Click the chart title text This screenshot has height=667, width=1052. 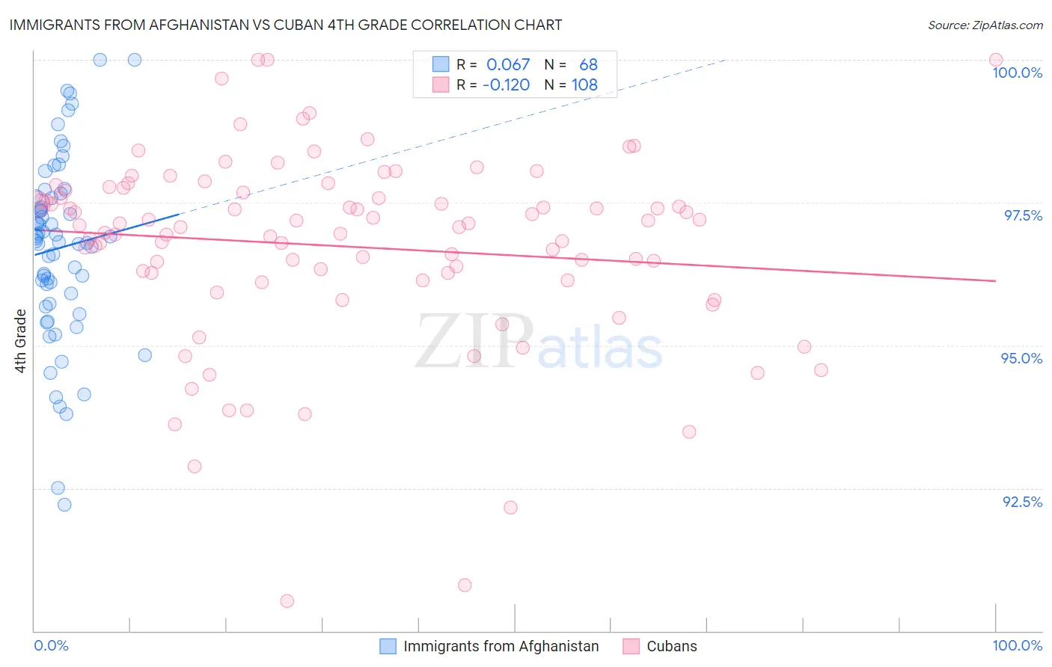tap(285, 25)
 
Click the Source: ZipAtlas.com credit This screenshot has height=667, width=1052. tap(985, 25)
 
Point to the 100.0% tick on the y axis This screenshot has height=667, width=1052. tap(1017, 73)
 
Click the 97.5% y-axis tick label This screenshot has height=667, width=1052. tap(1022, 215)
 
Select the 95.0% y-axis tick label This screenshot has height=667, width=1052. tap(1021, 358)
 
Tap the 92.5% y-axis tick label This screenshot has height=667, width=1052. tap(1022, 502)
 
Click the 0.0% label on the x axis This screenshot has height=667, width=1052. tap(51, 645)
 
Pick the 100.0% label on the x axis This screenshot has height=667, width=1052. tap(1017, 645)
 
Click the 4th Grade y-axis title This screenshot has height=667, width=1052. tap(21, 340)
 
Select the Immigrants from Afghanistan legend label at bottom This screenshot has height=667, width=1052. tap(501, 646)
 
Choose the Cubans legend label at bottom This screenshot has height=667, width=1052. tap(671, 646)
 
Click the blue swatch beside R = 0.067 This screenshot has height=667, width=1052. tap(441, 65)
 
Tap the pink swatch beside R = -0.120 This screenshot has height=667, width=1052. tap(441, 84)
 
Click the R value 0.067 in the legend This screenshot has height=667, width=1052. tap(507, 65)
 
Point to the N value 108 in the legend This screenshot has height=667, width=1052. tap(584, 84)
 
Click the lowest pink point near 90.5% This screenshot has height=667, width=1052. tap(287, 600)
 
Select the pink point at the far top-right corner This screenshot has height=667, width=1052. tap(995, 60)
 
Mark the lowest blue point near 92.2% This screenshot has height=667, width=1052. tap(64, 505)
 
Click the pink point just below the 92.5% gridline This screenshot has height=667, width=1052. tap(510, 507)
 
